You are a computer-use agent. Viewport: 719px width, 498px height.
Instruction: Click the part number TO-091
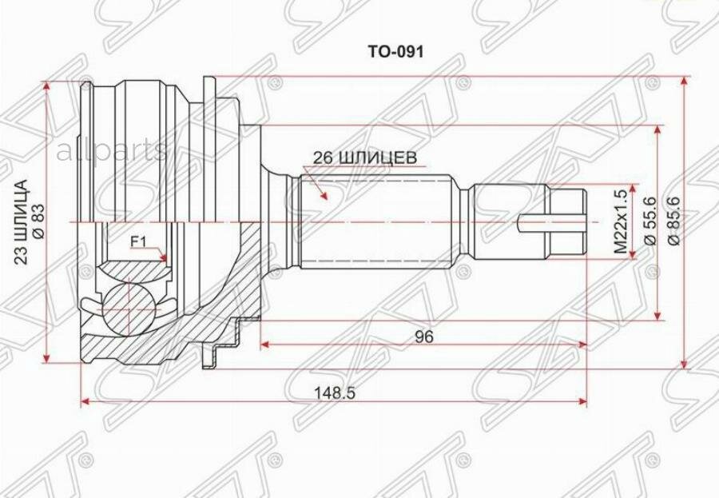coord(395,52)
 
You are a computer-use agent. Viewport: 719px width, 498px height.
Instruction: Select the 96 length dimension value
coord(424,337)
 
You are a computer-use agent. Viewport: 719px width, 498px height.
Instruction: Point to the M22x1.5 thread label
coord(620,222)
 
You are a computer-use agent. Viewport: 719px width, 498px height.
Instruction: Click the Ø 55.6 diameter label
coord(650,221)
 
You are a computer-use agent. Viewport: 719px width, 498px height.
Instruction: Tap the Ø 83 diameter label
coord(38,221)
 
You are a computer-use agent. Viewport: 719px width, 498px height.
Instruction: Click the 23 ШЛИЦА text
coord(22,221)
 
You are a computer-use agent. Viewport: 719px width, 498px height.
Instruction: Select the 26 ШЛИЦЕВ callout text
coord(365,157)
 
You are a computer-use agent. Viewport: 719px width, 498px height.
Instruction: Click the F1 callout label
coord(138,241)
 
